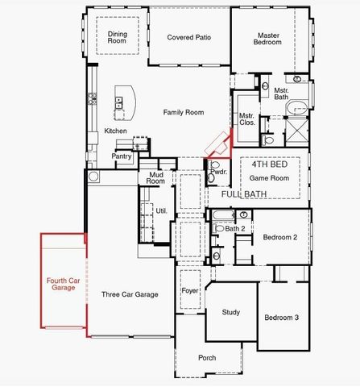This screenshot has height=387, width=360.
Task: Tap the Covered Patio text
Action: coord(188,37)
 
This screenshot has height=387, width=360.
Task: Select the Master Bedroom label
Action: coord(268,40)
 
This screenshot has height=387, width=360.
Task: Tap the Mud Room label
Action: coord(155,178)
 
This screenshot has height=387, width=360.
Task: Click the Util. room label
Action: coord(161,210)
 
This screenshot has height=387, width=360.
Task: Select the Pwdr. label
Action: coord(218,172)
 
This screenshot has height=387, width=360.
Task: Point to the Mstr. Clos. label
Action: coord(246,120)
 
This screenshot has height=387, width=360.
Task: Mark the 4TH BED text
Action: coord(269,163)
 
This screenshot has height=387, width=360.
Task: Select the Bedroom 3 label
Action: coord(282,318)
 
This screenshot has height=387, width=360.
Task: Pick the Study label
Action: coord(231,312)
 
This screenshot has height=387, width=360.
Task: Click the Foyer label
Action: coord(190,290)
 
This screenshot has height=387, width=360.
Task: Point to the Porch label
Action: coord(208,358)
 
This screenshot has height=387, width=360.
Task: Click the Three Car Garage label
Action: coord(129,294)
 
